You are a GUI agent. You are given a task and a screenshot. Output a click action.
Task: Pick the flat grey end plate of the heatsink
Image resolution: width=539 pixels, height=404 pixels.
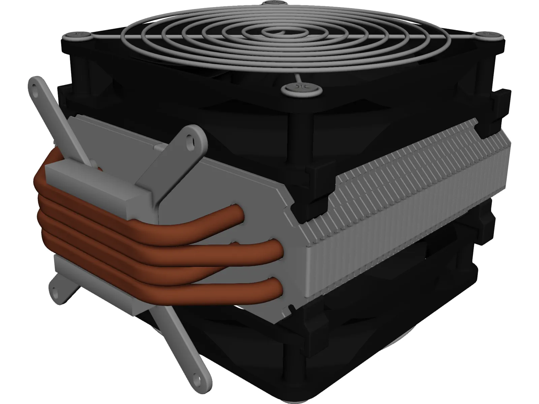(x=236, y=189)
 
